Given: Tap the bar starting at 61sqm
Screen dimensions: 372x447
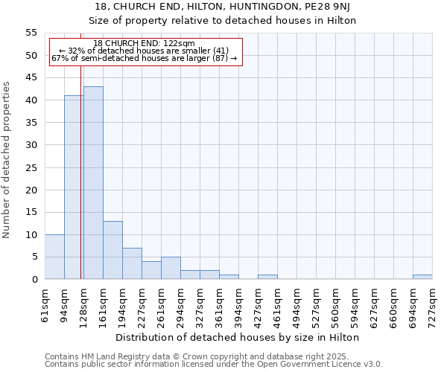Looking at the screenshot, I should pos(54,257).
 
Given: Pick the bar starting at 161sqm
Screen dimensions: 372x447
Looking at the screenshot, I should pos(112,250).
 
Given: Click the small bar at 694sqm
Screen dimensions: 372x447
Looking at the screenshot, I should pos(422,277).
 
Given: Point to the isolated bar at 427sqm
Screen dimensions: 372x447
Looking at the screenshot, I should pos(267,277).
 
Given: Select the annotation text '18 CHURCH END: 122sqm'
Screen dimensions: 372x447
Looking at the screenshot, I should pos(145,44).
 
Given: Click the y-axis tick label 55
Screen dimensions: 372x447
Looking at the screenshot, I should pos(31,33).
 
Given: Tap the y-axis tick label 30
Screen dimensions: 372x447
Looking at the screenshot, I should pos(31,145).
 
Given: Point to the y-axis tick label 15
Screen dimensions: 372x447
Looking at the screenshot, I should pos(31,212).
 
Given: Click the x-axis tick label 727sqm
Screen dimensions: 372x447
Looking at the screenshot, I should pos(433,306).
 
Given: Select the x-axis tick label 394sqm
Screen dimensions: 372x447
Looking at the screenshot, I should pos(239,306).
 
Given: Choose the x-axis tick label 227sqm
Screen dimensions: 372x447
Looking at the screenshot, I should pos(142,306).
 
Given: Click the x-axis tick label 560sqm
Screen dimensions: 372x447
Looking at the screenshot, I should pos(336,306).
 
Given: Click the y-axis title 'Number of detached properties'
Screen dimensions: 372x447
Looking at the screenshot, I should pos(7,160).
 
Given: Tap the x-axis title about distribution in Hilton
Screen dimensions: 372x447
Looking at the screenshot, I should pos(238,337).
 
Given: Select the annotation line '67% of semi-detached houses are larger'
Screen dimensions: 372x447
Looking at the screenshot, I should pos(145,58).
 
